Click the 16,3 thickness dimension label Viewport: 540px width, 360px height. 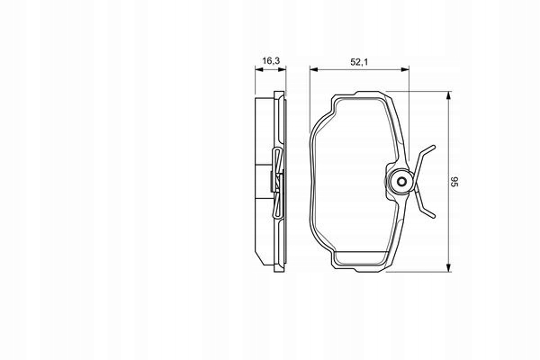click(271, 61)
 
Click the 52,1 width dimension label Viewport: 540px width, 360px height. click(359, 62)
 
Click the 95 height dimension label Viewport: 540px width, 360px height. click(454, 182)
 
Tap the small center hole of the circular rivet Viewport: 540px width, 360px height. click(401, 182)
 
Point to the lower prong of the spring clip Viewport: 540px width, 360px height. click(426, 207)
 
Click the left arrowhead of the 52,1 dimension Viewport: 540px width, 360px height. click(313, 69)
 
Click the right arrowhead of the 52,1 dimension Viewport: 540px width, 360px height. click(405, 69)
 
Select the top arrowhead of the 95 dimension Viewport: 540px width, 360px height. click(448, 95)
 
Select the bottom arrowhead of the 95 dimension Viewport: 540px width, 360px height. click(448, 267)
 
